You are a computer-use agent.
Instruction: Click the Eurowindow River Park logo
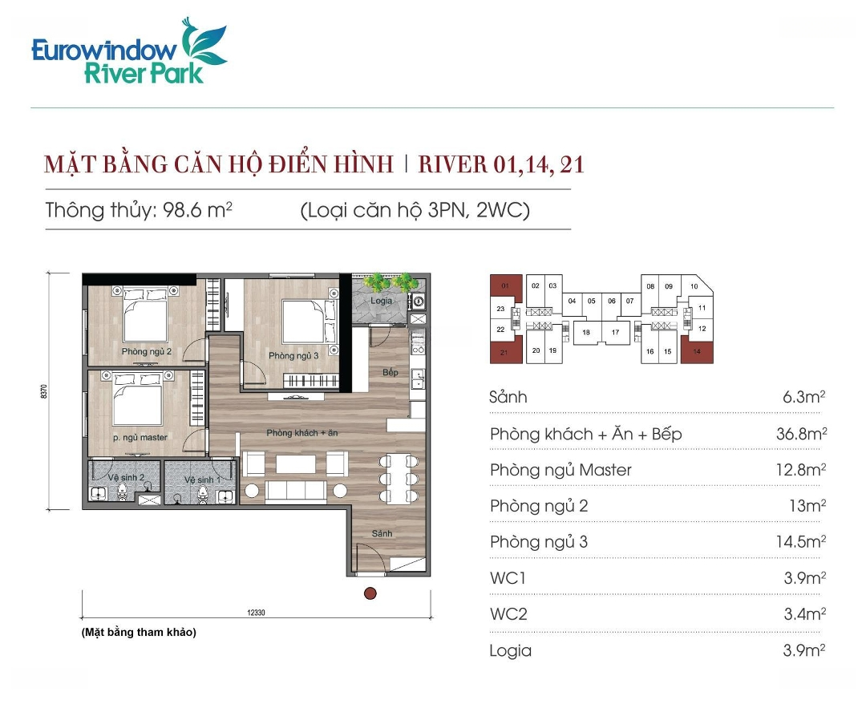click(x=129, y=51)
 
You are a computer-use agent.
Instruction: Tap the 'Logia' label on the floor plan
click(x=381, y=301)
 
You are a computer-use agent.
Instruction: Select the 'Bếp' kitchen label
click(x=391, y=372)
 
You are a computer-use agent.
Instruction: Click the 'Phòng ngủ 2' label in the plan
click(x=147, y=352)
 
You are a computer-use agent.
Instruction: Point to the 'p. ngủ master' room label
click(x=140, y=437)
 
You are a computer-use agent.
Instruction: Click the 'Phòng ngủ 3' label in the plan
click(x=293, y=355)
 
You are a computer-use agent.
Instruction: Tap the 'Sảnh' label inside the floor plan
click(x=382, y=533)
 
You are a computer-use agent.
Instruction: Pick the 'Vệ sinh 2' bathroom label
click(x=126, y=477)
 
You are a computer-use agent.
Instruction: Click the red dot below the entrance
click(x=370, y=593)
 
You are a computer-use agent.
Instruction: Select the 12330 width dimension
click(x=257, y=613)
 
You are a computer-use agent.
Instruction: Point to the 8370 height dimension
click(x=44, y=391)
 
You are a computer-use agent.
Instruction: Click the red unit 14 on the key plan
click(x=697, y=350)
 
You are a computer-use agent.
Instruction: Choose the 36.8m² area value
click(x=801, y=434)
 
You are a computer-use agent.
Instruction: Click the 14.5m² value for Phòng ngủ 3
click(x=801, y=542)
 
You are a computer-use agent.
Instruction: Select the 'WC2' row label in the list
click(x=508, y=614)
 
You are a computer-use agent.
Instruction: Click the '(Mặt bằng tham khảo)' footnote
click(x=139, y=632)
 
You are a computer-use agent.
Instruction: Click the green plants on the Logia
click(x=391, y=281)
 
